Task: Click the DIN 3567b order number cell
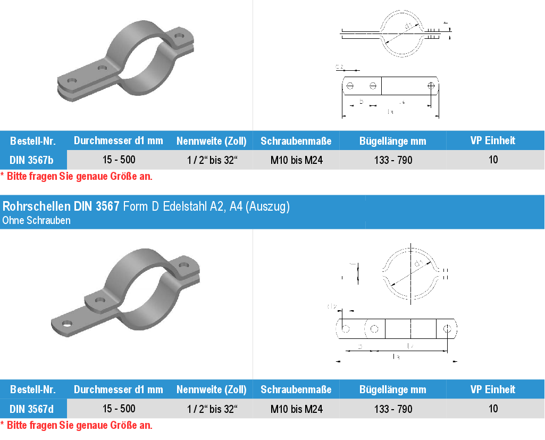point(31,160)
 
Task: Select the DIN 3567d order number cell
point(31,409)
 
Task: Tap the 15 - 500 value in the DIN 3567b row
point(119,160)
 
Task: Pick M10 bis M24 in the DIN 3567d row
point(296,409)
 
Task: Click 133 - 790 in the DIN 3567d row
point(393,409)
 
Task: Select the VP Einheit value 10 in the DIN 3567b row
point(493,160)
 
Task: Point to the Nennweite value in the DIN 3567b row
point(212,160)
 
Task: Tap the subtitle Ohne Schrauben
point(36,220)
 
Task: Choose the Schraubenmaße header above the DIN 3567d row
point(296,389)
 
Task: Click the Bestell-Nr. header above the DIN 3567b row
point(32,141)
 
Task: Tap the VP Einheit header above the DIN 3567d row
point(493,389)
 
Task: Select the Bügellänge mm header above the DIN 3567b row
point(393,141)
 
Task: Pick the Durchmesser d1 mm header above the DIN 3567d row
point(119,389)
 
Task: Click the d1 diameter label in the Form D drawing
point(418,264)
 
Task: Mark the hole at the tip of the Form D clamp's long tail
point(67,323)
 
